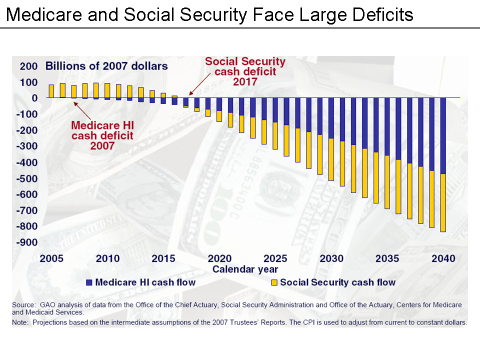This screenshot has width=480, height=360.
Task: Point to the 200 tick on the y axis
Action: (x=28, y=66)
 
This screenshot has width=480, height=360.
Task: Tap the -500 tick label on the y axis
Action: (x=26, y=178)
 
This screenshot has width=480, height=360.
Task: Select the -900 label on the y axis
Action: (x=26, y=242)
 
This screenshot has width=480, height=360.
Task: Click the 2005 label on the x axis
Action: (x=51, y=258)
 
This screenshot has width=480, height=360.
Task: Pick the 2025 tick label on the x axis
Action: (x=275, y=258)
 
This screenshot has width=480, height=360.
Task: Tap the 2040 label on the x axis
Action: (x=443, y=258)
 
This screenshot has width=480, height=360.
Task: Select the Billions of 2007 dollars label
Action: (x=106, y=66)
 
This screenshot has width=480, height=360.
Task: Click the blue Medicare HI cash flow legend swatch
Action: (x=89, y=282)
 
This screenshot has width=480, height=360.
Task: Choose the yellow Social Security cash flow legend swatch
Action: (x=274, y=282)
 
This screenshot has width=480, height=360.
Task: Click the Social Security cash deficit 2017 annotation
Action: (x=245, y=71)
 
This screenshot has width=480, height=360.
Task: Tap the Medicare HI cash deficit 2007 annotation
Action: (x=102, y=135)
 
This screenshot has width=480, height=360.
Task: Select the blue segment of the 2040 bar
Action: (x=442, y=135)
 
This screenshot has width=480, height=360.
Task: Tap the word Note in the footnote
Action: (x=21, y=322)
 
